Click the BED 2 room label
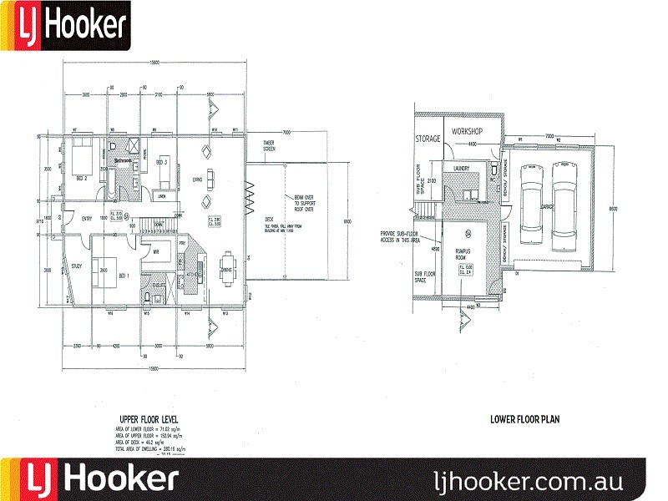pos(81,178)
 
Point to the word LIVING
pos(198,179)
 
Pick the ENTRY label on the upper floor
pos(87,219)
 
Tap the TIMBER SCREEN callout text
pos(269,145)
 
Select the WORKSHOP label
pos(468,132)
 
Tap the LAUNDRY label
pos(463,168)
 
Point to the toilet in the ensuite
pos(147,297)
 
